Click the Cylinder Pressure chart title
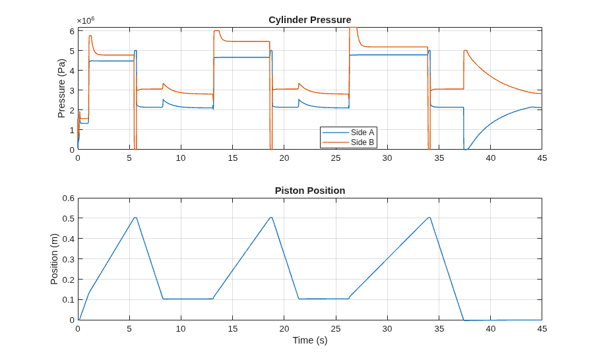tap(310, 20)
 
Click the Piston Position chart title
tap(310, 191)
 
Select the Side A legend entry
tap(348, 133)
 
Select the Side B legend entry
tap(348, 142)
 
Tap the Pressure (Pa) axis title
tap(61, 88)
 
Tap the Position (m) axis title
tap(54, 259)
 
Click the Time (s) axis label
tap(310, 340)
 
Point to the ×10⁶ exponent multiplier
tap(86, 20)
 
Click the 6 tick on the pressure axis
tap(72, 31)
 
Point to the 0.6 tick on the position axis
tap(69, 198)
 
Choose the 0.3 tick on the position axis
tap(69, 259)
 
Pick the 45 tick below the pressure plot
tap(542, 158)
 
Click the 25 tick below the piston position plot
tap(335, 329)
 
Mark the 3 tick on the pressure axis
tap(72, 90)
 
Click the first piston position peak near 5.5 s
tap(135, 218)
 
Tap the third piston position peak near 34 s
tap(429, 218)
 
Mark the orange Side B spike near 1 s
tap(90, 36)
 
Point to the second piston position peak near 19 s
tap(271, 218)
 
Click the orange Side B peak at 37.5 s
tap(465, 50)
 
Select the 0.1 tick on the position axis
tap(69, 300)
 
